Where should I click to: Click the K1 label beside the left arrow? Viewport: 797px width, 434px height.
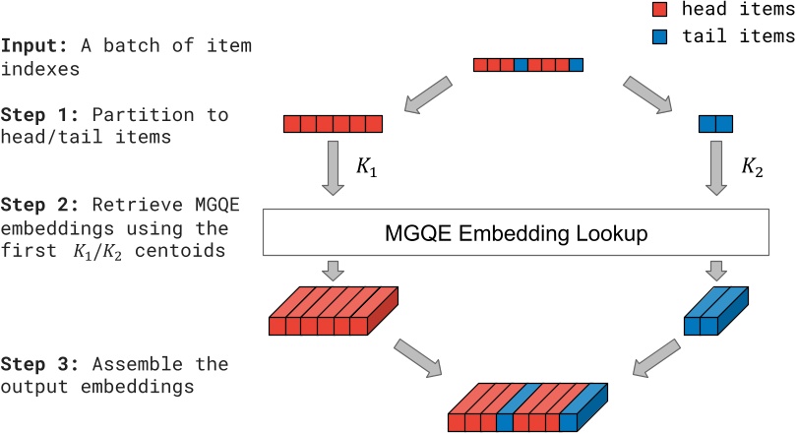[366, 168]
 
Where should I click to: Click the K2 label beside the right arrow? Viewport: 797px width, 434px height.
[752, 168]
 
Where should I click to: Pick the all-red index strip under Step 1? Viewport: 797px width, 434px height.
[332, 124]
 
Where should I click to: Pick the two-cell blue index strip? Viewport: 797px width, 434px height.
[716, 124]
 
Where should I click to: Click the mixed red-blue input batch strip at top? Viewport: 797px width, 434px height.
[527, 65]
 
